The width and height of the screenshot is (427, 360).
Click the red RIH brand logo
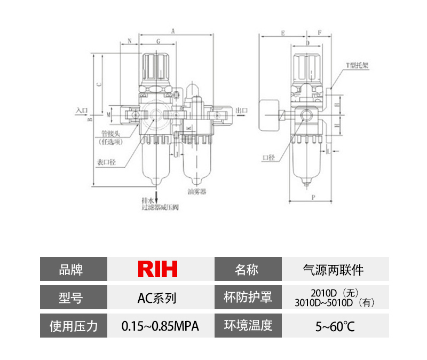[x=157, y=269]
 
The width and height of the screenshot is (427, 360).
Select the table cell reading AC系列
[x=157, y=298]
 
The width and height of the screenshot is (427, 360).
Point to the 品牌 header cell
[x=74, y=269]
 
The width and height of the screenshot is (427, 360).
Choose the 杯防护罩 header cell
[x=248, y=298]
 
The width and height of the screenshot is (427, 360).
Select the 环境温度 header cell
[x=248, y=326]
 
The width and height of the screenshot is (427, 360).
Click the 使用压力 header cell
[x=74, y=326]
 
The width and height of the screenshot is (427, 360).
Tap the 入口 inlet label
[x=81, y=111]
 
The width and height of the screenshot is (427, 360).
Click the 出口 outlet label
[x=242, y=111]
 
